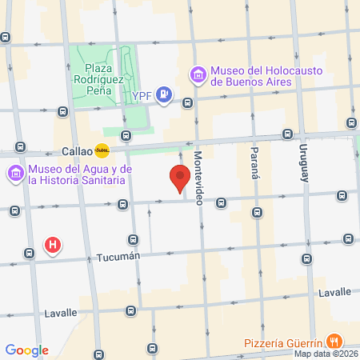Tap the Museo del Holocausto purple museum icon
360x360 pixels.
(x=198, y=75)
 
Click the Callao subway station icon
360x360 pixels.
(x=102, y=150)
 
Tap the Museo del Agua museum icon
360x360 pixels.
(x=16, y=174)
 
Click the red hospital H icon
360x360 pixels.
(x=53, y=245)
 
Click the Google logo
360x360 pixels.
(x=27, y=350)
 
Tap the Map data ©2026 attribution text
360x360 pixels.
(x=326, y=354)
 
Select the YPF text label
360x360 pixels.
(x=142, y=96)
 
